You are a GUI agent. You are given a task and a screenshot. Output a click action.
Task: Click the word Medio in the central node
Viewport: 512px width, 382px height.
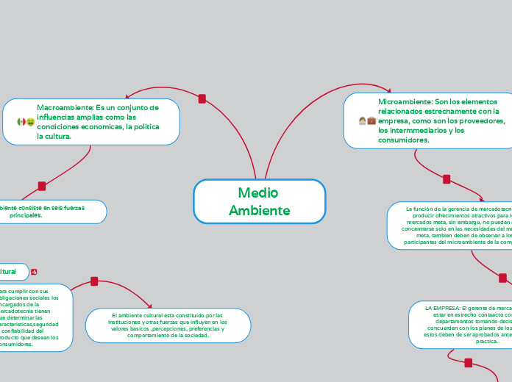pyautogui.click(x=259, y=192)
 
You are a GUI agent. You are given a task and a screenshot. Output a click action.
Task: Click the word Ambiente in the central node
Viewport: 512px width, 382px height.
pyautogui.click(x=259, y=211)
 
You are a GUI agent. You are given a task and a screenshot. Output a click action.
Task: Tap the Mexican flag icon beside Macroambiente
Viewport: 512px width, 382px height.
pyautogui.click(x=21, y=121)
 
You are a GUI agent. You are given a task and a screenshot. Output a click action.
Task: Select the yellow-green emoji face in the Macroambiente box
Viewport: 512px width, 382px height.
pyautogui.click(x=31, y=121)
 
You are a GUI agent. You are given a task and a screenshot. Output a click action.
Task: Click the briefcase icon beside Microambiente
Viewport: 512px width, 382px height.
pyautogui.click(x=371, y=120)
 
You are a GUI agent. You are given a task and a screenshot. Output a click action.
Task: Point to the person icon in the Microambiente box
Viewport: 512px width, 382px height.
pyautogui.click(x=362, y=120)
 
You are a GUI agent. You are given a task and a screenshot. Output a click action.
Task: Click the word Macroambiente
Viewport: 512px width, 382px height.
pyautogui.click(x=63, y=107)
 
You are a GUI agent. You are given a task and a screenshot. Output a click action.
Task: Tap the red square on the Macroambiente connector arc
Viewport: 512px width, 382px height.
pyautogui.click(x=202, y=98)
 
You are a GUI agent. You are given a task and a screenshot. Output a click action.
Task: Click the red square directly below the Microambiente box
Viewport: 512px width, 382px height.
pyautogui.click(x=447, y=179)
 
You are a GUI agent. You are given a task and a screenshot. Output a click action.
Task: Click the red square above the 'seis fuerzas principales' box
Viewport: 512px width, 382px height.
pyautogui.click(x=42, y=186)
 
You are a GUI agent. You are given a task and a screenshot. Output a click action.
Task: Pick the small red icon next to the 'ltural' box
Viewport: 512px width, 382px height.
pyautogui.click(x=35, y=272)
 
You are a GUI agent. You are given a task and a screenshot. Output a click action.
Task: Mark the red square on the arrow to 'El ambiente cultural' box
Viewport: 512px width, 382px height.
pyautogui.click(x=94, y=281)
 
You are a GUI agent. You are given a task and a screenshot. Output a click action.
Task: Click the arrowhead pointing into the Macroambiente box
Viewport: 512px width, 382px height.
pyautogui.click(x=129, y=95)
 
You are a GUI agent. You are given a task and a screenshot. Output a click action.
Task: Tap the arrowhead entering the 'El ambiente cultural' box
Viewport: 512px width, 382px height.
pyautogui.click(x=150, y=306)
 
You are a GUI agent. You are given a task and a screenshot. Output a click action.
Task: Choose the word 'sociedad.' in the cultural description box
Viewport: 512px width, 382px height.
pyautogui.click(x=193, y=335)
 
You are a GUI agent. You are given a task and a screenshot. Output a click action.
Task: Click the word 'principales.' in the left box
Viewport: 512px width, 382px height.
pyautogui.click(x=26, y=216)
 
